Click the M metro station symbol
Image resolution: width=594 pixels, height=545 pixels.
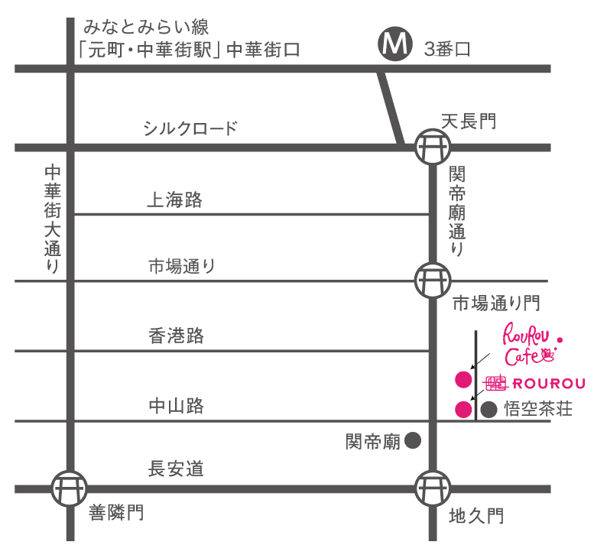tap(396, 46)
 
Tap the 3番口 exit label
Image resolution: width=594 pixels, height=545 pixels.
tap(447, 50)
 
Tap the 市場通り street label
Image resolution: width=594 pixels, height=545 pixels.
tap(182, 267)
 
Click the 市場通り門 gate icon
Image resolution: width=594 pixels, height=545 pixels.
tap(433, 281)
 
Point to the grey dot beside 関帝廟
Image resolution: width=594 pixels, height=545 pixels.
tap(413, 440)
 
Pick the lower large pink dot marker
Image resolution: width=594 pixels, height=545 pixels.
tap(463, 409)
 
